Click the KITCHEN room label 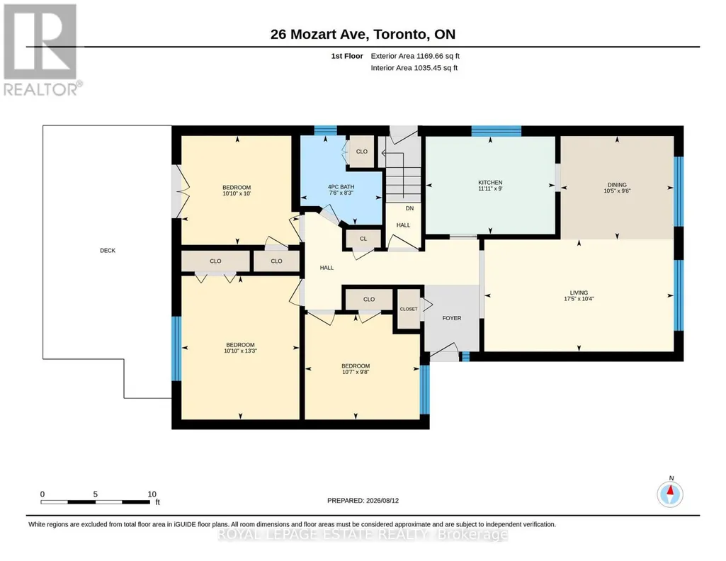490,182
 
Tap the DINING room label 617,185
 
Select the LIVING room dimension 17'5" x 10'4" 579,299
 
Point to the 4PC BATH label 341,187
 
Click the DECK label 108,251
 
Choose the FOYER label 451,318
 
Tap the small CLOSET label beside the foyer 409,309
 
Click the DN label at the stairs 409,208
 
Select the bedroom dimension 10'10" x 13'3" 240,351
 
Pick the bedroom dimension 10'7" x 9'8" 356,372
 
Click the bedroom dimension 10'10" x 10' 237,193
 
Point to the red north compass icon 670,494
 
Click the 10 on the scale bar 152,494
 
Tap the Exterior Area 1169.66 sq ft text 415,56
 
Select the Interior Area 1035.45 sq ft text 414,67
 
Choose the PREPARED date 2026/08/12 382,500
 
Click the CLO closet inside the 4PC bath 362,152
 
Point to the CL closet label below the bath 363,239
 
